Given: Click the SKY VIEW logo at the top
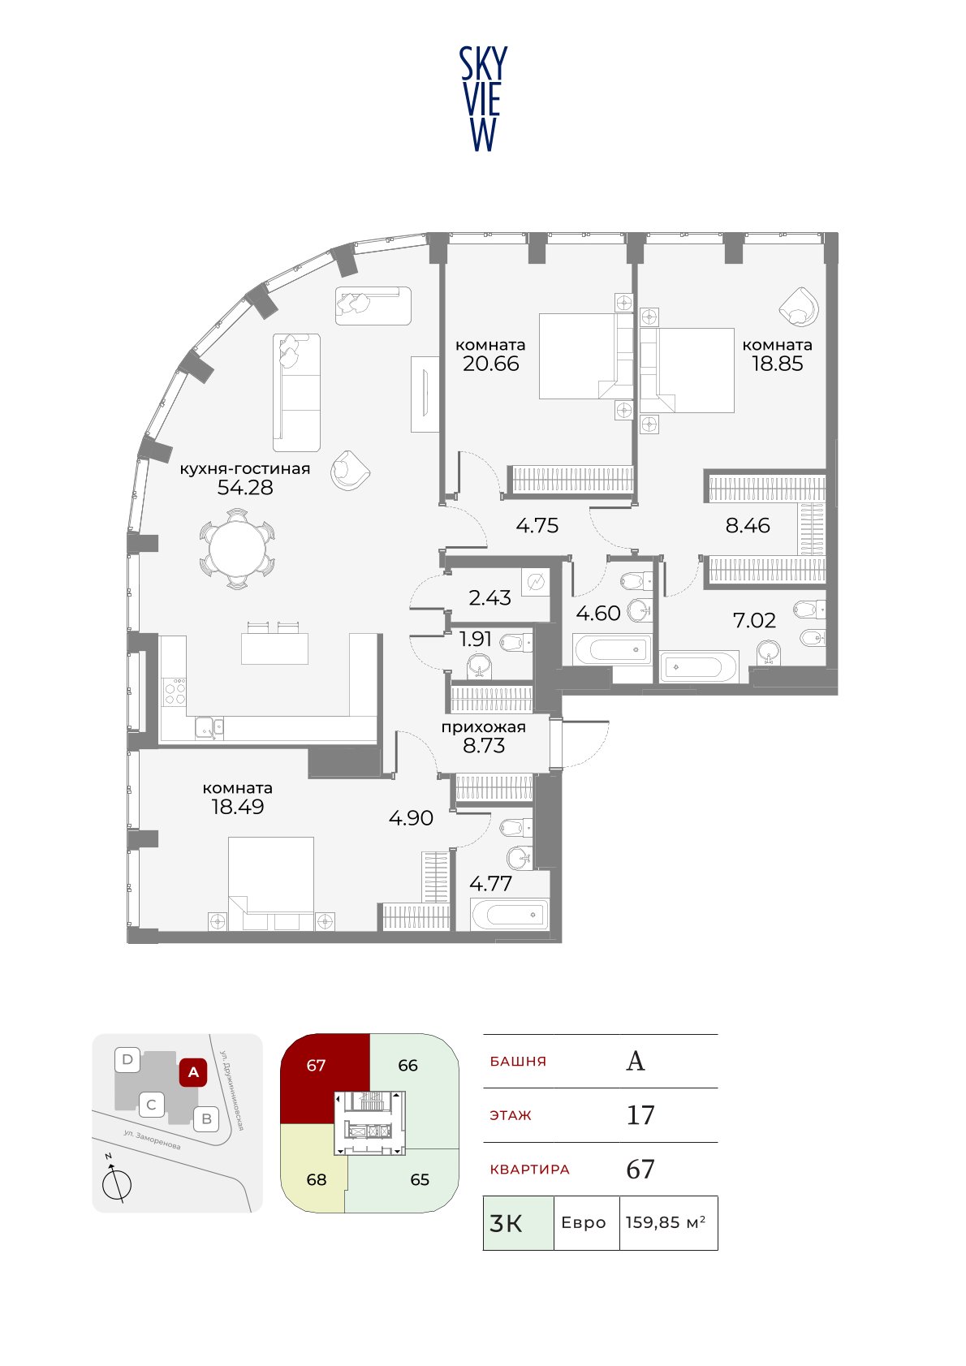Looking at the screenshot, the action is (x=482, y=99).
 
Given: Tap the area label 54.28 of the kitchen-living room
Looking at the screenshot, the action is (x=245, y=487).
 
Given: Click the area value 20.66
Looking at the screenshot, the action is (x=491, y=364).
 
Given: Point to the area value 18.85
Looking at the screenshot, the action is (x=778, y=364).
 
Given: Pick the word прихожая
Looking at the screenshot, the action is (x=484, y=727).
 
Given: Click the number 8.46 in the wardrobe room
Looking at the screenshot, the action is (x=748, y=525).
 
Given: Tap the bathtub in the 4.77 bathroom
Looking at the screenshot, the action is (x=510, y=915).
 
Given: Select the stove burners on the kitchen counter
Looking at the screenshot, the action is (x=175, y=693).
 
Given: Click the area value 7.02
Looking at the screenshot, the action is (x=754, y=620).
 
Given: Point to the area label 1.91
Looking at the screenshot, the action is (x=475, y=639).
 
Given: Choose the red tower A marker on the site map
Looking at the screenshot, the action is (x=193, y=1071).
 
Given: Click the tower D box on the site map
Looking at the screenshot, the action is (x=127, y=1060).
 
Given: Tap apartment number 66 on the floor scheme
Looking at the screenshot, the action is (x=408, y=1065).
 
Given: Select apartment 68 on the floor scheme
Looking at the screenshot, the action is (x=316, y=1179).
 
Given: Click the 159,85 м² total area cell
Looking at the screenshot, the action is (x=668, y=1222).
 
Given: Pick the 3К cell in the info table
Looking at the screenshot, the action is (x=519, y=1222).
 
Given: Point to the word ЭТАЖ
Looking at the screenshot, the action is (x=511, y=1115).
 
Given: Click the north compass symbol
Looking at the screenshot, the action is (x=116, y=1182).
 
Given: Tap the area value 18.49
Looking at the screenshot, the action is (x=237, y=807).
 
